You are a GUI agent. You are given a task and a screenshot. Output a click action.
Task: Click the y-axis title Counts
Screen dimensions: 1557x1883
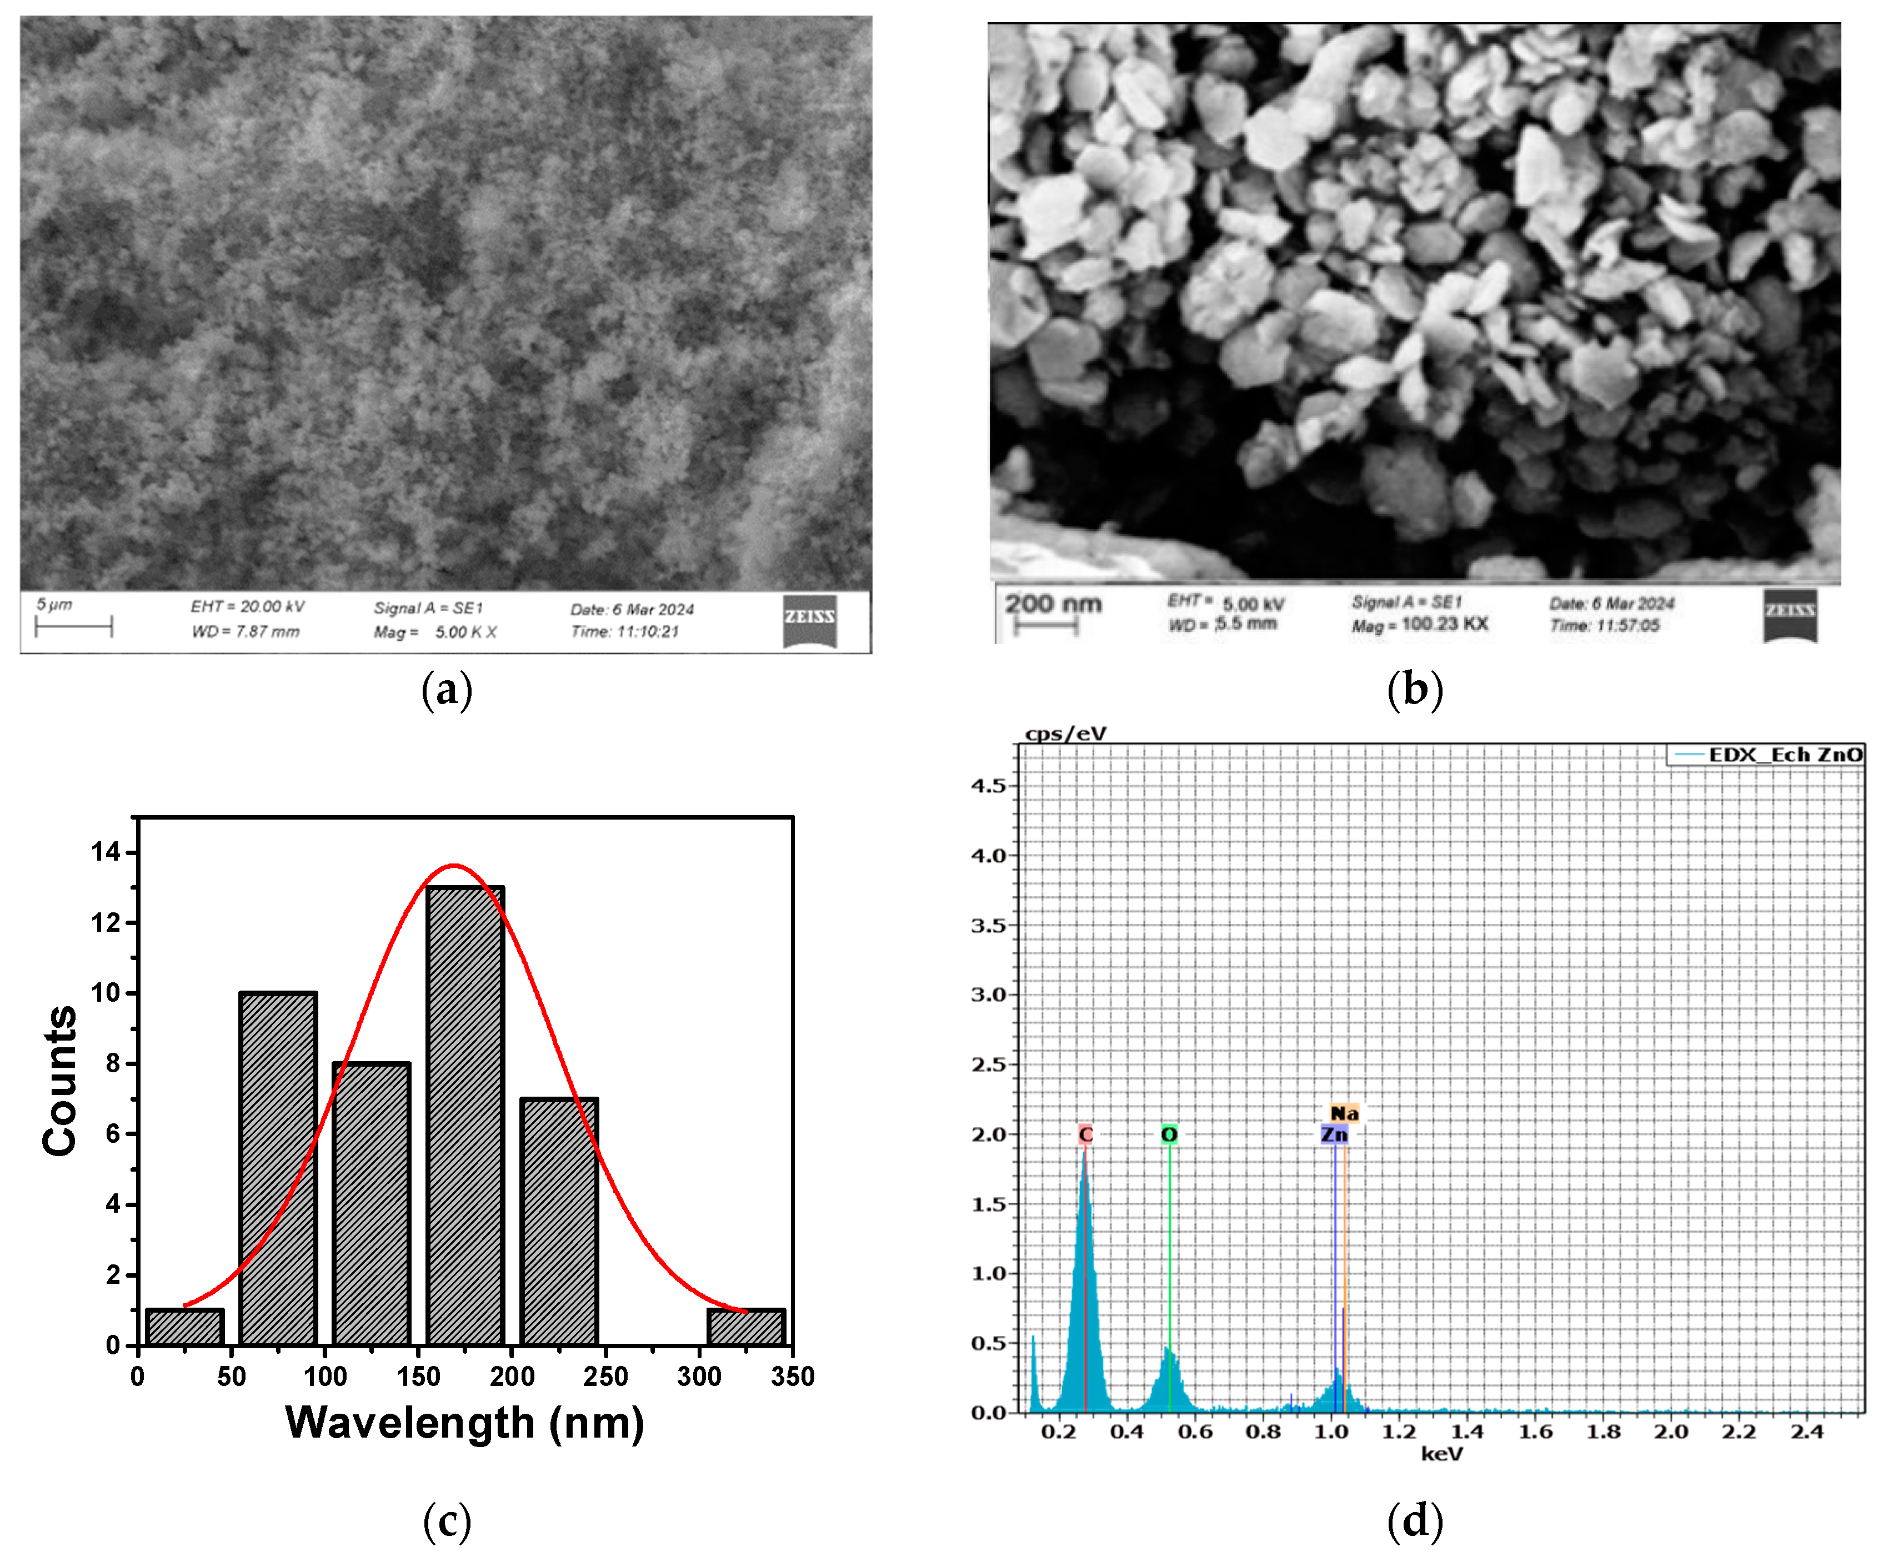coord(60,1080)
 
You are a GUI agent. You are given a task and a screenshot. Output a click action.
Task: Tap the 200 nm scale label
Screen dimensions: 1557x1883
coord(1053,604)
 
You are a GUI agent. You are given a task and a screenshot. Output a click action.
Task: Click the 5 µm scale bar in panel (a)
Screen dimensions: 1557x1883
coord(73,626)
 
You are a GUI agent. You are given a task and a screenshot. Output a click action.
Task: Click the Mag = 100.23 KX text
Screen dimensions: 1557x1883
coord(1419,625)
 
